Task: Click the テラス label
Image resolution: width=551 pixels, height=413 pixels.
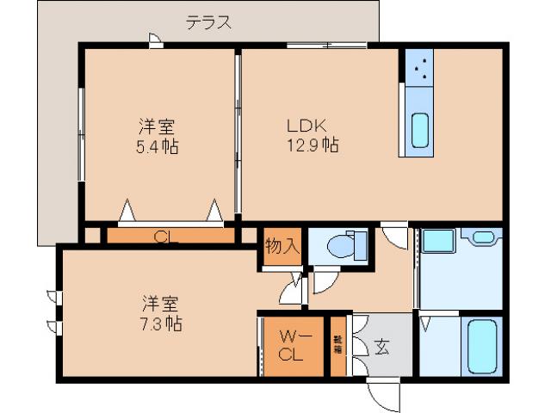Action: pos(209,23)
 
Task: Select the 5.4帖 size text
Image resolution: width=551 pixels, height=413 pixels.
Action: pos(158,146)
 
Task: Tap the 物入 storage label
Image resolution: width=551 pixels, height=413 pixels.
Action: pos(282,245)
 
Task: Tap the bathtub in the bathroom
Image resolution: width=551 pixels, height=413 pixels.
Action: pos(480,347)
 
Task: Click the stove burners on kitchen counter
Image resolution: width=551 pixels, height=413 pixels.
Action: pos(421,70)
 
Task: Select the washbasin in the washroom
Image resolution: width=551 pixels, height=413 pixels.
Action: pos(483,237)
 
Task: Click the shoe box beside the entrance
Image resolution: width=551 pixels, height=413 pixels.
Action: pos(337,347)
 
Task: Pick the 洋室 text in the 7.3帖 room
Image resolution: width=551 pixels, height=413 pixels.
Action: pos(160,304)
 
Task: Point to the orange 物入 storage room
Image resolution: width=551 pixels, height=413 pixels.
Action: pos(282,250)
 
